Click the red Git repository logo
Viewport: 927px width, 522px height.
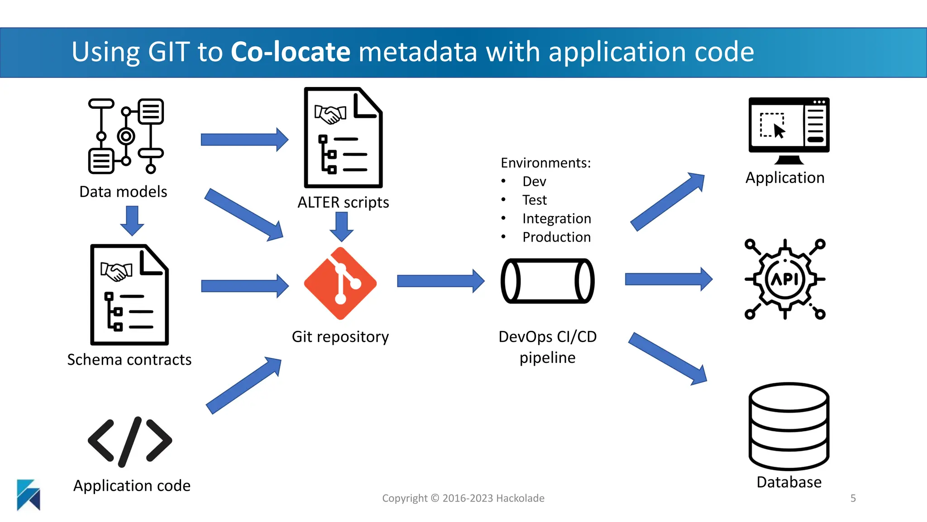click(340, 283)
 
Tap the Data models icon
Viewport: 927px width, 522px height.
click(126, 136)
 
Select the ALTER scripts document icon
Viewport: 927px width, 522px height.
click(343, 138)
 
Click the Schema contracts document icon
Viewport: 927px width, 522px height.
click(129, 295)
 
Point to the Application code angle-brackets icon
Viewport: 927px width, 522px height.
click(130, 441)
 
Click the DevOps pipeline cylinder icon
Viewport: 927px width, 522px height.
click(547, 281)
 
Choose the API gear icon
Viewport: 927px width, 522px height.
click(785, 279)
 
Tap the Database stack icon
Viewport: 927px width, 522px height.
click(789, 426)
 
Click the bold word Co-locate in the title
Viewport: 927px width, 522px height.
click(290, 52)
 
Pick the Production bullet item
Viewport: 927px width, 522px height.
click(556, 237)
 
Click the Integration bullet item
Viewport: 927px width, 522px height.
click(556, 218)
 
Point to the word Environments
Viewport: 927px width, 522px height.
click(545, 163)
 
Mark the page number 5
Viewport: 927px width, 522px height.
click(853, 498)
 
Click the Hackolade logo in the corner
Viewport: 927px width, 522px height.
click(29, 495)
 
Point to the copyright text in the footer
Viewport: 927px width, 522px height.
click(463, 498)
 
